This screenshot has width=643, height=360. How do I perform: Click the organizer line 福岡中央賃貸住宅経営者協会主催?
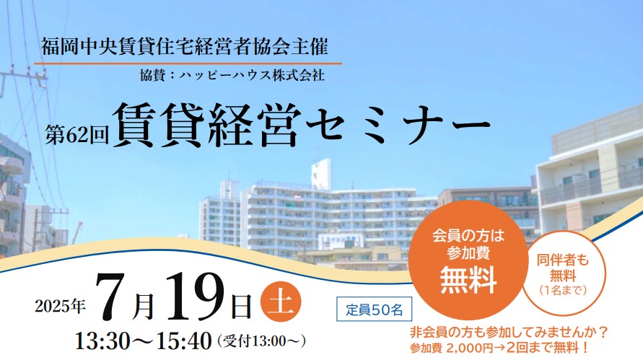click(x=185, y=47)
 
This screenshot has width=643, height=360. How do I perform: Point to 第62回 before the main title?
click(x=76, y=134)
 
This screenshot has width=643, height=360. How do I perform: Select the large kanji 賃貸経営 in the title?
click(x=206, y=124)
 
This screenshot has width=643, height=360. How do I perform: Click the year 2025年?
click(x=61, y=306)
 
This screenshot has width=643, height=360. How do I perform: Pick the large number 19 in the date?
click(x=195, y=296)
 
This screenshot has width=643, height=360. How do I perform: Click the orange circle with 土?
click(x=281, y=302)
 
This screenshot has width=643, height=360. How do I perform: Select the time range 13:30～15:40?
click(x=143, y=341)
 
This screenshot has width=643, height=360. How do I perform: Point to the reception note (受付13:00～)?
click(x=262, y=341)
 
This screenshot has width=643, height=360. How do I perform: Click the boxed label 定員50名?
click(x=374, y=309)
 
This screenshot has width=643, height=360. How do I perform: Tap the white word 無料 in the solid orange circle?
click(x=468, y=281)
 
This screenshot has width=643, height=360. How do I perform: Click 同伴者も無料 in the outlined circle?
click(x=563, y=268)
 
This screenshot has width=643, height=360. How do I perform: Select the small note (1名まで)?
click(x=563, y=290)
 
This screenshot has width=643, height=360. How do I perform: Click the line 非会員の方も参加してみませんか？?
click(x=509, y=332)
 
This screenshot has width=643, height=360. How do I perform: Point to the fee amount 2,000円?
click(x=469, y=348)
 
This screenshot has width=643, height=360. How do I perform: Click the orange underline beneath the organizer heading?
click(x=188, y=63)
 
